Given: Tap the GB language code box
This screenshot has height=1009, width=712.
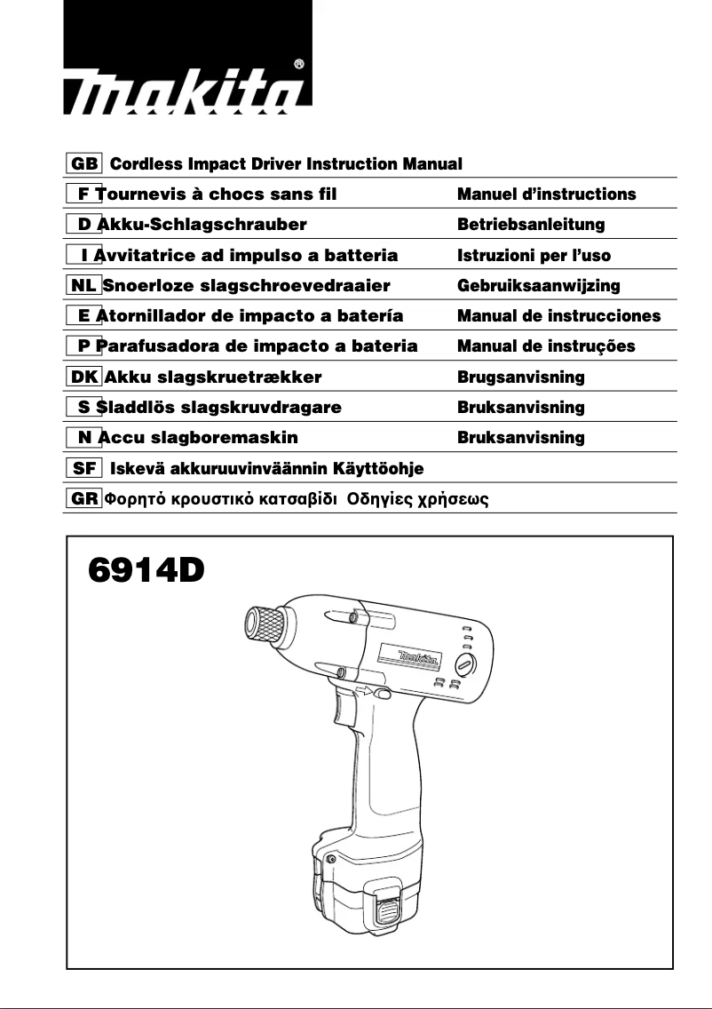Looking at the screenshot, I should [85, 163].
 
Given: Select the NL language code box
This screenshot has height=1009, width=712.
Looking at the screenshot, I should [83, 285].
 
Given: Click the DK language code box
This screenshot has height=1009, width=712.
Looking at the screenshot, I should [85, 377].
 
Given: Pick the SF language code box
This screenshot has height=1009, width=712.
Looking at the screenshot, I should [85, 468].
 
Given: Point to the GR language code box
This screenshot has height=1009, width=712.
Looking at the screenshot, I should [85, 498].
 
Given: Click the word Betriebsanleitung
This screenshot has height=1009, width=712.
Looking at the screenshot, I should [530, 224].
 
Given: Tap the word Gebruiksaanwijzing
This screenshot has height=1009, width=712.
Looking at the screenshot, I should [538, 285].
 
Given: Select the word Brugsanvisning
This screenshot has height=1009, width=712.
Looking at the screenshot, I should [520, 377].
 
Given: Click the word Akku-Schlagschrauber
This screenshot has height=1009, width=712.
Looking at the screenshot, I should [202, 224].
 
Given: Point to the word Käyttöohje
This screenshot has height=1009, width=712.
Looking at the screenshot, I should [384, 468].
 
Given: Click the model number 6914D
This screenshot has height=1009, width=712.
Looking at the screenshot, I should [146, 568].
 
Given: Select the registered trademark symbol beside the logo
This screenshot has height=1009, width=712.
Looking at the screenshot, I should [299, 64].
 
